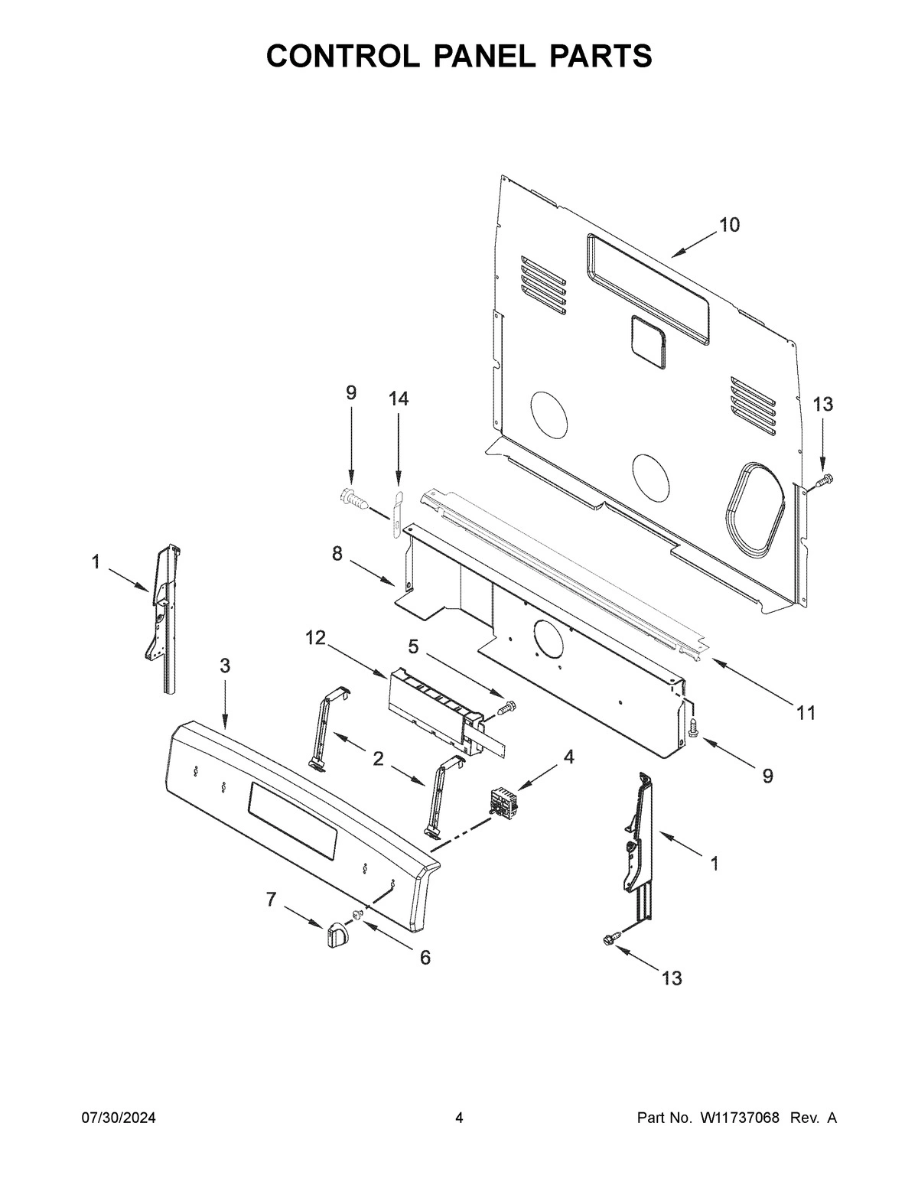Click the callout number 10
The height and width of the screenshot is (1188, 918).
click(x=728, y=225)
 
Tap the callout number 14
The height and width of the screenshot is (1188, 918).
click(x=398, y=399)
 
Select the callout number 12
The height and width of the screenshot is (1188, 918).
click(x=316, y=638)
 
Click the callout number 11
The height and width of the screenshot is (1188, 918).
click(x=805, y=714)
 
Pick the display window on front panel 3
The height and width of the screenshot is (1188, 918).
click(x=292, y=822)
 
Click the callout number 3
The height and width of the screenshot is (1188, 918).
click(x=224, y=666)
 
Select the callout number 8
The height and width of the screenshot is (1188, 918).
click(x=337, y=554)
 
